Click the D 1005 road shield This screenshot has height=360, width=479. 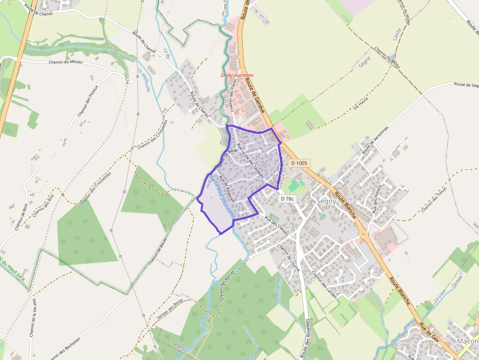299,163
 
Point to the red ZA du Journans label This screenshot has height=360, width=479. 237,75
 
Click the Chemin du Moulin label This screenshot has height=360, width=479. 65,63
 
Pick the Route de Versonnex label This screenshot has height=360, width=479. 375,141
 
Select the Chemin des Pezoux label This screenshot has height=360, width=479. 88,101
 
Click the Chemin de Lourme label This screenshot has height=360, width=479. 289,255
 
